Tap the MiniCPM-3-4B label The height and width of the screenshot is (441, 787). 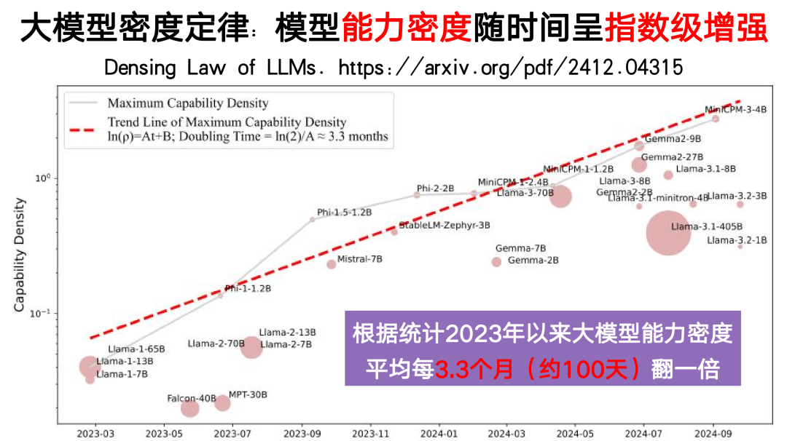click(736, 110)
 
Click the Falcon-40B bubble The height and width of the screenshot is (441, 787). click(189, 408)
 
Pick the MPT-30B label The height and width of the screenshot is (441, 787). click(248, 394)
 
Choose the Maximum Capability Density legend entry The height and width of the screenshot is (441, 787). click(188, 103)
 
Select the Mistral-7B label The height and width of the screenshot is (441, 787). click(360, 258)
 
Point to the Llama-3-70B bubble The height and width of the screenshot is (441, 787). click(560, 196)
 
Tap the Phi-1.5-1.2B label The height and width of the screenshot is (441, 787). click(344, 212)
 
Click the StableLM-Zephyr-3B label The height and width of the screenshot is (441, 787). click(445, 226)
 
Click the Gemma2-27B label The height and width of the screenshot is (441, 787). click(672, 157)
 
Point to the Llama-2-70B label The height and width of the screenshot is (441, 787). click(216, 343)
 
